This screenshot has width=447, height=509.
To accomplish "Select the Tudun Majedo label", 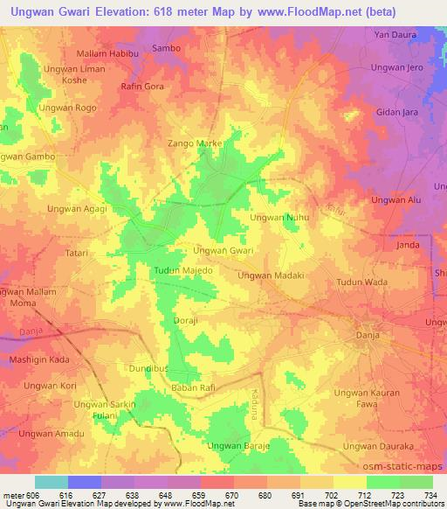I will [183, 271].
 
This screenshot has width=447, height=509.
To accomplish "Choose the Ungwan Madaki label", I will [271, 275].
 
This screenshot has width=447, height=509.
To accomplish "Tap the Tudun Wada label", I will [362, 282].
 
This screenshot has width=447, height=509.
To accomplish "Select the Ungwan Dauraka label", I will [376, 446].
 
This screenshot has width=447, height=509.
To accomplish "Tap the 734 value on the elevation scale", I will [429, 495].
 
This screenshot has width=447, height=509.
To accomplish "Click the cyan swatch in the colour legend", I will [52, 482].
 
